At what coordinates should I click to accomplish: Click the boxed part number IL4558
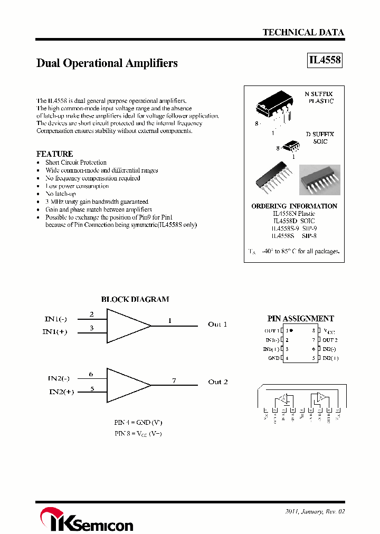click(325, 60)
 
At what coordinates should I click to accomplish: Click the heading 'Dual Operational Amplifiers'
click(107, 63)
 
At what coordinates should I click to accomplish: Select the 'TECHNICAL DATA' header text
click(303, 32)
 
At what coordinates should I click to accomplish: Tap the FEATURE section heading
click(54, 154)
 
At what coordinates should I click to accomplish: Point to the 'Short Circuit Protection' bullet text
click(75, 163)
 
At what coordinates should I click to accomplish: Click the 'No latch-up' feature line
click(60, 194)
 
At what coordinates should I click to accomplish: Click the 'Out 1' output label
click(217, 325)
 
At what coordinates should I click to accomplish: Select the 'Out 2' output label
click(217, 382)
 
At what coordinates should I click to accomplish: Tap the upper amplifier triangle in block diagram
click(127, 325)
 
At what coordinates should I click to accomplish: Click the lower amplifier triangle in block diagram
click(127, 385)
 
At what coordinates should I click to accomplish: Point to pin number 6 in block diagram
click(91, 374)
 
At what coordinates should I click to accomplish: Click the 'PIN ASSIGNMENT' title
click(300, 319)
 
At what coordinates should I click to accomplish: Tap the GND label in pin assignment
click(273, 358)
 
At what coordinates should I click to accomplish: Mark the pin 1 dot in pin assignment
click(291, 330)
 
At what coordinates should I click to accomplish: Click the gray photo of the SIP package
click(319, 180)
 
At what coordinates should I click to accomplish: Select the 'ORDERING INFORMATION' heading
click(294, 206)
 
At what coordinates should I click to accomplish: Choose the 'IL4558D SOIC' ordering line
click(294, 221)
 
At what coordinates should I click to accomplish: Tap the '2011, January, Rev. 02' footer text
click(315, 511)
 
